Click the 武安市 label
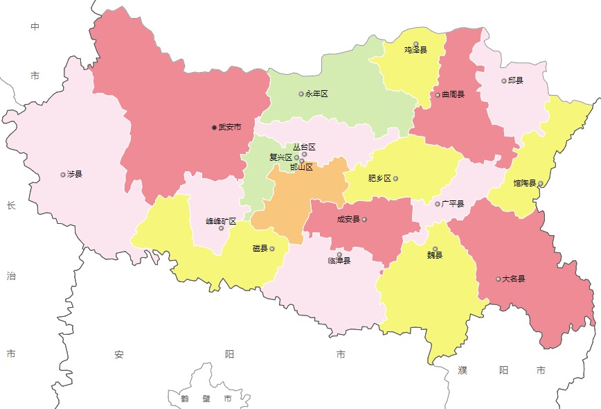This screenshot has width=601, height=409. click(x=230, y=128)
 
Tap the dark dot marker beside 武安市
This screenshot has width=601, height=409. click(x=215, y=128)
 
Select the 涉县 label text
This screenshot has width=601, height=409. click(x=74, y=174)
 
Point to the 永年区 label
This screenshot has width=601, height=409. click(x=316, y=94)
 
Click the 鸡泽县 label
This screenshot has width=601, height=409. click(x=415, y=50)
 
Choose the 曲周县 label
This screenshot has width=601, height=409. click(x=453, y=95)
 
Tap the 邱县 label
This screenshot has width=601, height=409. click(x=515, y=80)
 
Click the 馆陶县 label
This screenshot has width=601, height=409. click(x=524, y=183)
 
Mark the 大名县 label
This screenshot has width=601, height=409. click(x=514, y=279)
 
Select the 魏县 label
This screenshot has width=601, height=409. click(x=434, y=255)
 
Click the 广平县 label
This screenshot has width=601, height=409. click(x=452, y=204)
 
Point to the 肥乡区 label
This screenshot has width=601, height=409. click(x=379, y=178)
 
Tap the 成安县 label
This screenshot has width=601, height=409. click(x=348, y=219)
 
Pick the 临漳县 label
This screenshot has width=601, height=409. click(x=339, y=261)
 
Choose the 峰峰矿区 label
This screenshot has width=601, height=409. click(x=221, y=221)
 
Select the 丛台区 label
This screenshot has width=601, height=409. click(x=304, y=147)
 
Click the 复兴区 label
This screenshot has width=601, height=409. click(x=280, y=157)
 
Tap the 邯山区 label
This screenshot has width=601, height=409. click(x=302, y=167)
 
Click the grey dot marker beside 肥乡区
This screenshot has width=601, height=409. click(x=395, y=178)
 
